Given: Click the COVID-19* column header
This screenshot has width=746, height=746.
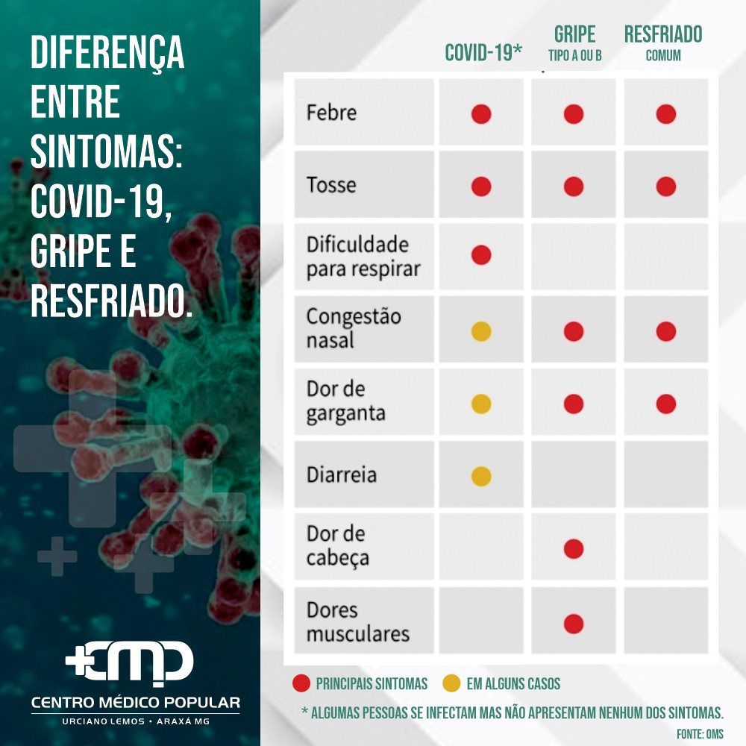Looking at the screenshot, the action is pos(483,52).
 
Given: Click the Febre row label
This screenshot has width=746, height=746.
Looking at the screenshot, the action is pos(332,113).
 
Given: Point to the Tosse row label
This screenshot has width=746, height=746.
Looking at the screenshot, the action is pos(331,185).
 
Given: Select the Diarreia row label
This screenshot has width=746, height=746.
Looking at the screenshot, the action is pos(342,474).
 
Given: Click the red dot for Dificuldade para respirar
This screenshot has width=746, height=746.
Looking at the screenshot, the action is pos(481,255).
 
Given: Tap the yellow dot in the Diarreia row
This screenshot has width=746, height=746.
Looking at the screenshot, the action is pos(481,476).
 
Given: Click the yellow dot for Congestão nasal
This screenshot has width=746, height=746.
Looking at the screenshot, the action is pos(481,332).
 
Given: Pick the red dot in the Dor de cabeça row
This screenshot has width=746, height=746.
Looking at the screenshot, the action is pos(573,548).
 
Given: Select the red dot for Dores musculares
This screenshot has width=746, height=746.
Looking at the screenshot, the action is pos(573,624).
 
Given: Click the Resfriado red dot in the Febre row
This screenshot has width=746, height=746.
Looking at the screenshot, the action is pos(665,114).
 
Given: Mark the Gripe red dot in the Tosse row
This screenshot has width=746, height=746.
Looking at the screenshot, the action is pos(573,186).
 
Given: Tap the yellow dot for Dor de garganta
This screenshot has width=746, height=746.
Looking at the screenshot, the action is pos(481,404).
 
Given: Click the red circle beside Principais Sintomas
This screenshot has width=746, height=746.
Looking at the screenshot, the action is pos(301,683).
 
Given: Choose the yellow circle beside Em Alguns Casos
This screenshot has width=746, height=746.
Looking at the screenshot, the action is pos(451,683).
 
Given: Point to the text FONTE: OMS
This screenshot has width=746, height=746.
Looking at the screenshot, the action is pos(700,734).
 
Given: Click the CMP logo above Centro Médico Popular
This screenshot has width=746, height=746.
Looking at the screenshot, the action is pos(129,663).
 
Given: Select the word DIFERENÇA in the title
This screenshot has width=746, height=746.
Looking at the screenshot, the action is pos(107,53).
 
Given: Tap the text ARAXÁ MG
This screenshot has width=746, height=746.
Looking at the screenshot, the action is pos(184,721).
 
